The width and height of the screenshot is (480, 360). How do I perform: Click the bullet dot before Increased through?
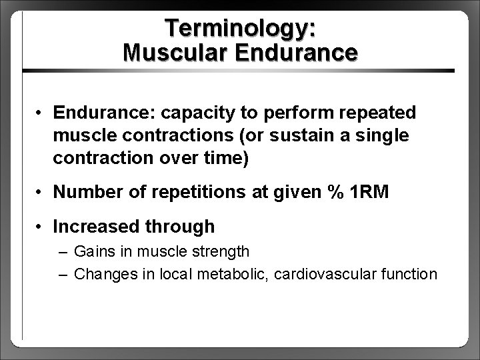click(41, 227)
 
